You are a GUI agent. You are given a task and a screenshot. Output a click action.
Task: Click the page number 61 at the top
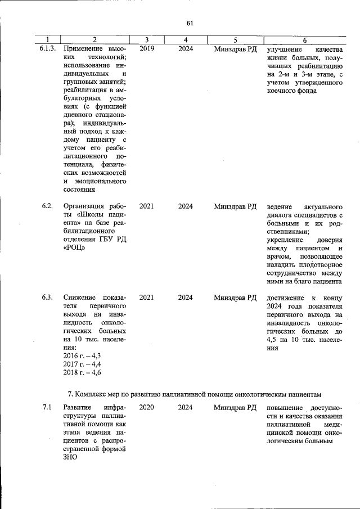point(190,23)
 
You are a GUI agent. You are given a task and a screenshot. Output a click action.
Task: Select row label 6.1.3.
point(48,49)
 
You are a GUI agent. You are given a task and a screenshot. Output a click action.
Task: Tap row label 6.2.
point(47,206)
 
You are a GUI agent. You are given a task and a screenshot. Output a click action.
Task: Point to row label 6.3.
point(47,298)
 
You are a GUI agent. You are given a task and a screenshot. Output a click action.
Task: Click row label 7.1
point(47,407)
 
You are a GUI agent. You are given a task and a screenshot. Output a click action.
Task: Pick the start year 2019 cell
point(146,49)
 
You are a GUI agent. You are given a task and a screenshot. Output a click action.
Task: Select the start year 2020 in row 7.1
point(146,407)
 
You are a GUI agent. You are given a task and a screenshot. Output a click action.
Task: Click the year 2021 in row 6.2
point(146,206)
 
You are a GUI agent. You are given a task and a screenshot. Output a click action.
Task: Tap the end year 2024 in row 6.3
point(186,298)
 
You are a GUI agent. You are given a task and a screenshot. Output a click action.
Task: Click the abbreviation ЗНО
point(70,458)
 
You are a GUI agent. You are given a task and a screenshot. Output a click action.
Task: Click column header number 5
point(235,39)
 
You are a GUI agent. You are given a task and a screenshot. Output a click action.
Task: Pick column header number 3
point(146,39)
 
